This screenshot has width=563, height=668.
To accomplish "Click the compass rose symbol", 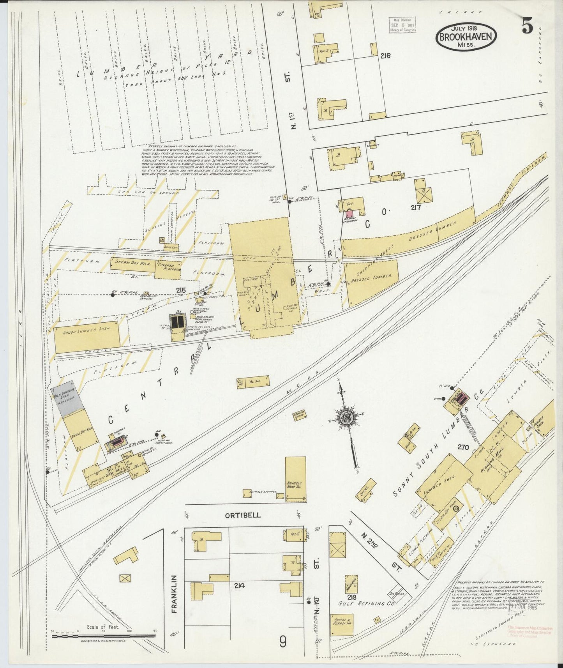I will pyautogui.click(x=345, y=417).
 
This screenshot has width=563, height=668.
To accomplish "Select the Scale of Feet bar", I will pyautogui.click(x=103, y=636).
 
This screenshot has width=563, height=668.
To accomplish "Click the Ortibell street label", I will pyautogui.click(x=243, y=515).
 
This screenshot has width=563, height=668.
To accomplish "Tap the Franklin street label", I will pyautogui.click(x=174, y=594).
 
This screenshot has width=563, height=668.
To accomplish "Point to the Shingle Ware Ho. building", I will pyautogui.click(x=295, y=479).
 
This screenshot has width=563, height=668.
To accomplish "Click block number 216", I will pyautogui.click(x=385, y=56).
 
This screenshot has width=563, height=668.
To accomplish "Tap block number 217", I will pyautogui.click(x=416, y=208).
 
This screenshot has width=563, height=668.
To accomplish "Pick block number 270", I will pyautogui.click(x=463, y=447).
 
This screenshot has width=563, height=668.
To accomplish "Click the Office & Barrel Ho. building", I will pyautogui.click(x=342, y=625).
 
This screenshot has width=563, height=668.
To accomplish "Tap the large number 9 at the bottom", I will pyautogui.click(x=283, y=641).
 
